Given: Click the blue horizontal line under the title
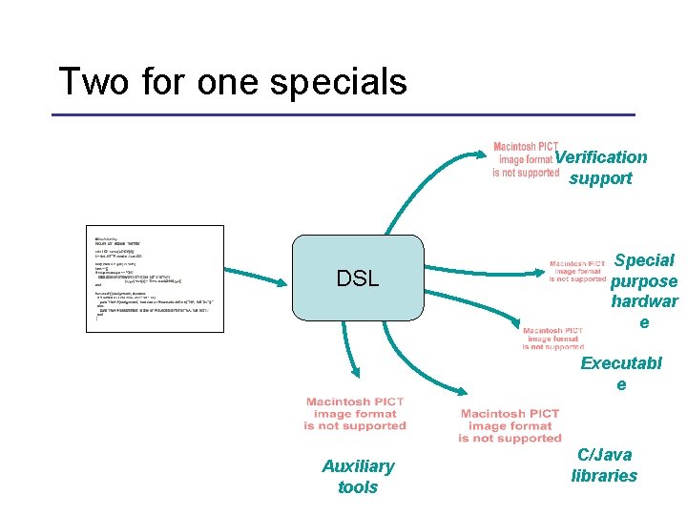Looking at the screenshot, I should (343, 115).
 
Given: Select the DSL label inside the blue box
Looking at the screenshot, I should (357, 278).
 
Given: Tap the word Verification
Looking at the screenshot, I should (601, 157).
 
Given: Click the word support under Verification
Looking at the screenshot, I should (600, 178).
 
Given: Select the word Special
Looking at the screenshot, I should (644, 260).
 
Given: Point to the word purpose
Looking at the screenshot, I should (644, 281).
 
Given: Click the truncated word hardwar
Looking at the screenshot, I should (644, 302).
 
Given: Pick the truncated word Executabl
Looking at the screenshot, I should (621, 364).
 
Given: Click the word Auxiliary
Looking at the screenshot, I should (358, 466).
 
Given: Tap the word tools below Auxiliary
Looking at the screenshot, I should (358, 487).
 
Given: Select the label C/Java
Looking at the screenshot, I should (604, 455).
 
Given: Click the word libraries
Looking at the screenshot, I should (604, 476).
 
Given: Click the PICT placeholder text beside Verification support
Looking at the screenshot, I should (525, 160).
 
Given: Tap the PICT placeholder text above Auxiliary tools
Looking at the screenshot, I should (355, 414).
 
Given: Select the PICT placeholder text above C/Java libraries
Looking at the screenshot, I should (510, 425).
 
